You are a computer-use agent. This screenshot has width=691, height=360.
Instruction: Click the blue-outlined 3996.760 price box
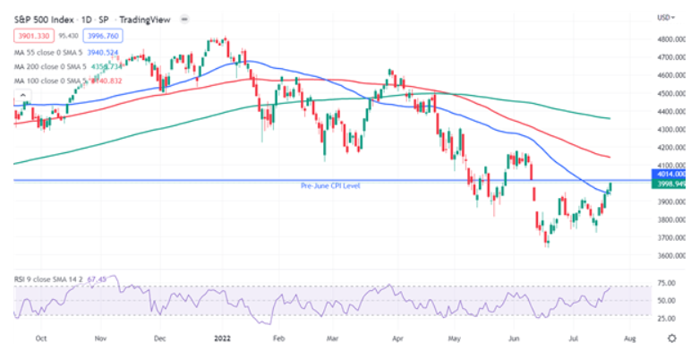click(108, 36)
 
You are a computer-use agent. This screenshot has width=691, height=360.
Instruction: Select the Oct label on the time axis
click(41, 339)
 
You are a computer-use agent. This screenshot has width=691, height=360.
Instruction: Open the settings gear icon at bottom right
click(670, 339)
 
